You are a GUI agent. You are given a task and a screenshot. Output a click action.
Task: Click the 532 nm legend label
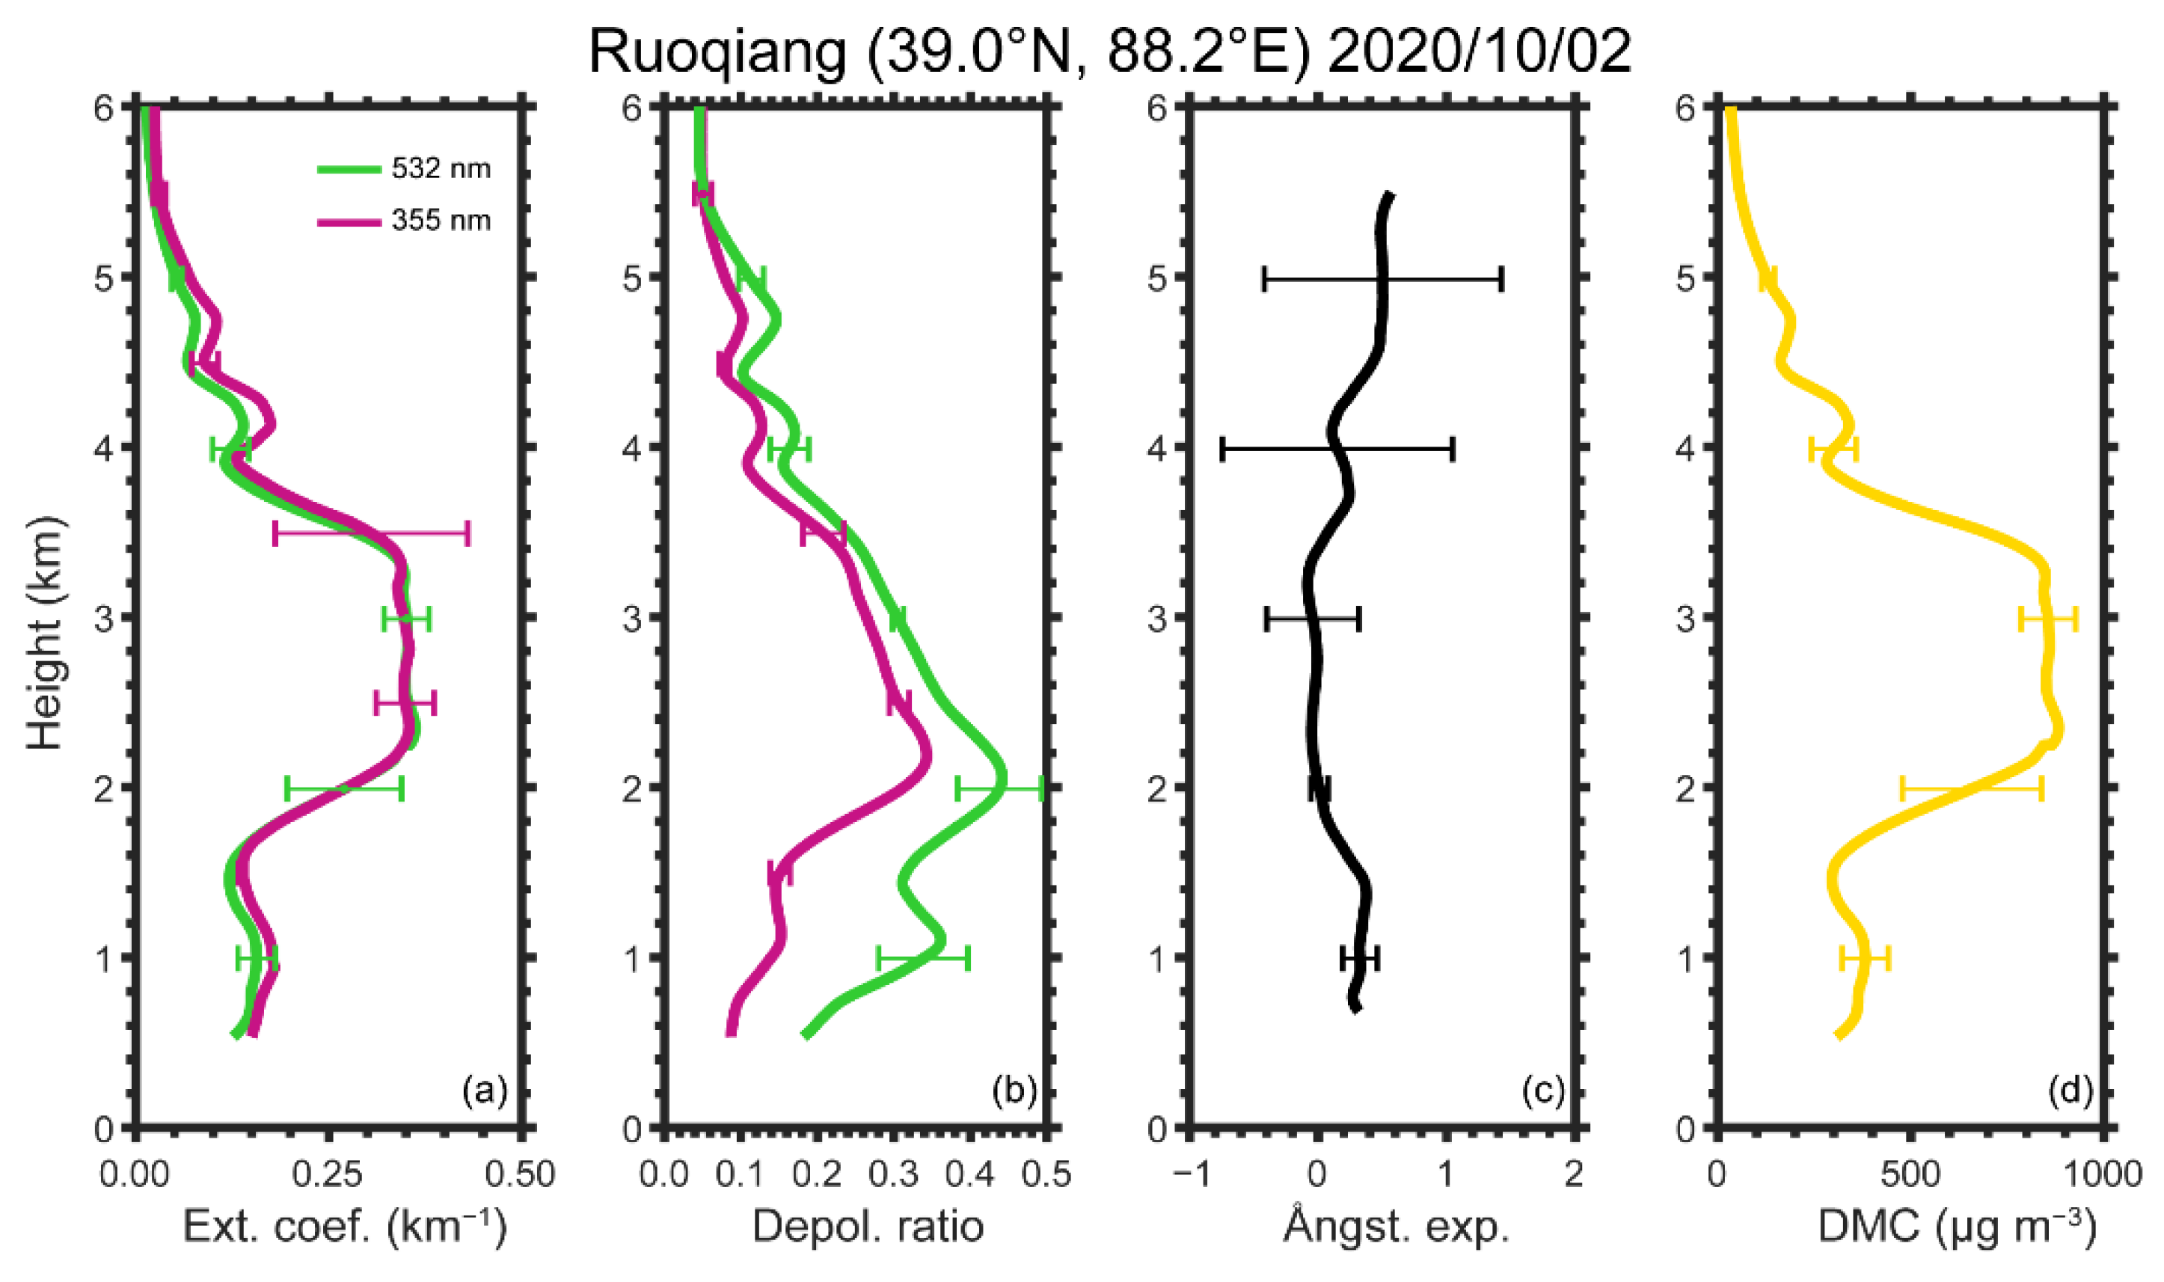pyautogui.click(x=441, y=168)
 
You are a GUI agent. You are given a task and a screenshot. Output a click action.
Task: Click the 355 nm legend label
pyautogui.click(x=441, y=221)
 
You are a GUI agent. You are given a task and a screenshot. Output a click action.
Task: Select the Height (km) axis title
pyautogui.click(x=45, y=634)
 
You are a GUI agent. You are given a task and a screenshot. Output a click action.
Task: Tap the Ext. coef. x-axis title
pyautogui.click(x=345, y=1226)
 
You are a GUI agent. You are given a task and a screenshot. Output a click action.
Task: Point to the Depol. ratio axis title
pyautogui.click(x=868, y=1226)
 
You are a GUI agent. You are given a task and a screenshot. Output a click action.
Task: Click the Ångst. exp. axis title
pyautogui.click(x=1396, y=1226)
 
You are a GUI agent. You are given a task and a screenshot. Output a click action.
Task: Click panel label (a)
pyautogui.click(x=485, y=1091)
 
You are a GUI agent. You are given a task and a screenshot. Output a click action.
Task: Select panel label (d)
pyautogui.click(x=2070, y=1091)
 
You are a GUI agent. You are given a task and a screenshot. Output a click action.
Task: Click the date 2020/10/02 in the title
pyautogui.click(x=1479, y=52)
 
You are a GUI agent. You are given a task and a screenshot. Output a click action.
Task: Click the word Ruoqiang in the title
pyautogui.click(x=717, y=52)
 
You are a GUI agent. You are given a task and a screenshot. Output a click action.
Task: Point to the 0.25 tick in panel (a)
pyautogui.click(x=328, y=1174)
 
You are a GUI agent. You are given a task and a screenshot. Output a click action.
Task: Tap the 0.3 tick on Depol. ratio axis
pyautogui.click(x=892, y=1174)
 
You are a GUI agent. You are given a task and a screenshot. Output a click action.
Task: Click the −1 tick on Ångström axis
pyautogui.click(x=1189, y=1174)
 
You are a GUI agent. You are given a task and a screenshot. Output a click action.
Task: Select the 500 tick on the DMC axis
pyautogui.click(x=1910, y=1174)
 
